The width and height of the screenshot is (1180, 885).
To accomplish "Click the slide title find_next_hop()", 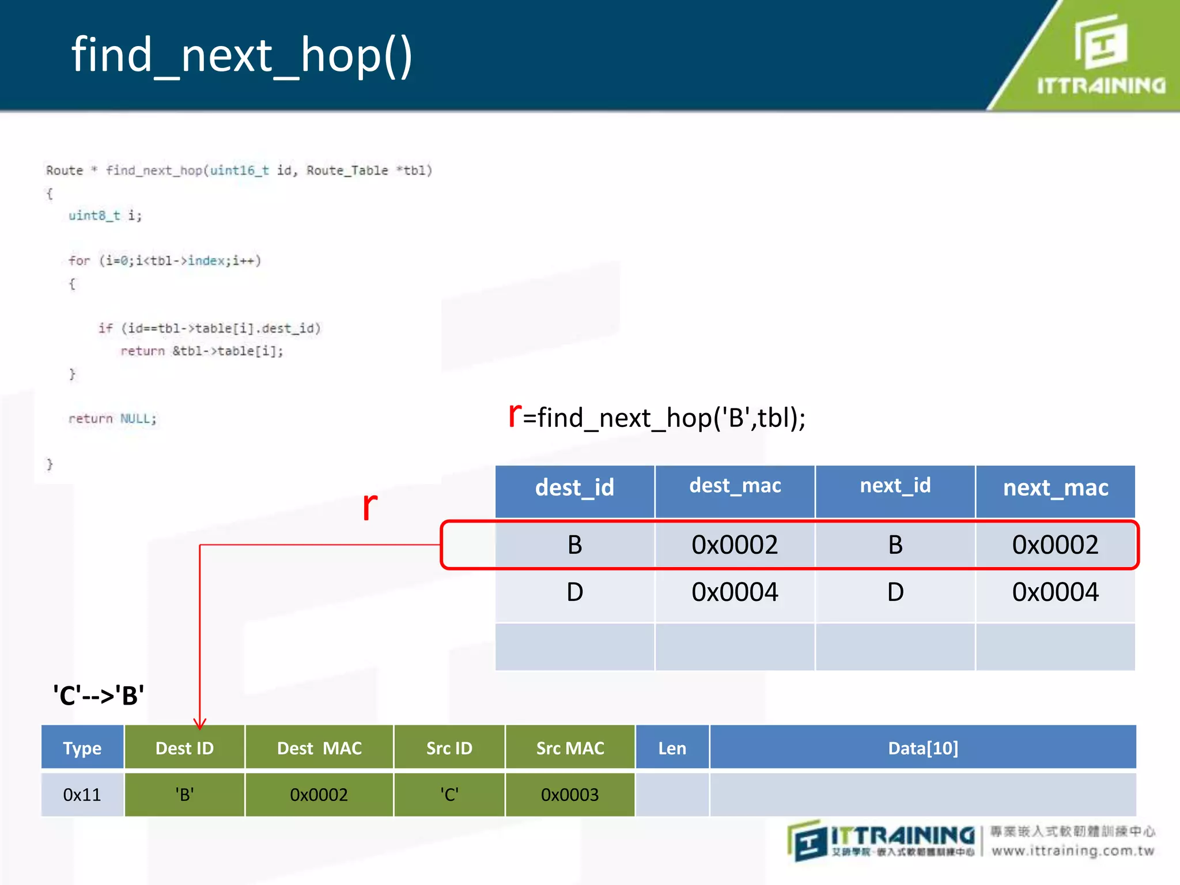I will pyautogui.click(x=242, y=55).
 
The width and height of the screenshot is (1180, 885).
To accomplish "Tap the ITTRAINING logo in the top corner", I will pyautogui.click(x=1101, y=55).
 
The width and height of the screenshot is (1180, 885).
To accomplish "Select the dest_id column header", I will pyautogui.click(x=574, y=488).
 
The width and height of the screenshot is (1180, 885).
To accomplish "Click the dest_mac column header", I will pyautogui.click(x=735, y=486).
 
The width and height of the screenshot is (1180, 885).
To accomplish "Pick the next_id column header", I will pyautogui.click(x=895, y=486).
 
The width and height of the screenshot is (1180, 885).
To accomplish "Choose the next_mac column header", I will pyautogui.click(x=1056, y=488).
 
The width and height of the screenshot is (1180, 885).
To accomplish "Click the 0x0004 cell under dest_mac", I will pyautogui.click(x=735, y=592).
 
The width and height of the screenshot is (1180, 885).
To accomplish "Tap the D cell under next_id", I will pyautogui.click(x=895, y=592).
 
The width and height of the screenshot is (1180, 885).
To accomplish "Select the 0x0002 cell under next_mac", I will pyautogui.click(x=1055, y=545).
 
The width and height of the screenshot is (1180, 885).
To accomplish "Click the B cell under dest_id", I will pyautogui.click(x=574, y=545).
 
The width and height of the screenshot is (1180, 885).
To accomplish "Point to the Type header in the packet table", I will pyautogui.click(x=82, y=748).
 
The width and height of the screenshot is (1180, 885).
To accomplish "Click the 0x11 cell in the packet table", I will pyautogui.click(x=82, y=795).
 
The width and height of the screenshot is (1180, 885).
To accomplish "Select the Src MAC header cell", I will pyautogui.click(x=570, y=748).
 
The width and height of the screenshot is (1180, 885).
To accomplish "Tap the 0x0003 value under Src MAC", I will pyautogui.click(x=570, y=795).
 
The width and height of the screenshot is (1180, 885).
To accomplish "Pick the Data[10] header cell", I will pyautogui.click(x=923, y=748).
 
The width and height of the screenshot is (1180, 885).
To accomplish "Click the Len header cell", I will pyautogui.click(x=672, y=748).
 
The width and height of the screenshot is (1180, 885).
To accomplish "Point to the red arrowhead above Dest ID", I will pyautogui.click(x=200, y=724).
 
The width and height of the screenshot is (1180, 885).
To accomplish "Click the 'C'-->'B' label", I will pyautogui.click(x=99, y=695).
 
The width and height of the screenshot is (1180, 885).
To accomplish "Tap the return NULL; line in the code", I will pyautogui.click(x=112, y=419).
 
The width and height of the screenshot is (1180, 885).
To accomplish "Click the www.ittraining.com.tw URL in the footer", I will pyautogui.click(x=1073, y=851).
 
